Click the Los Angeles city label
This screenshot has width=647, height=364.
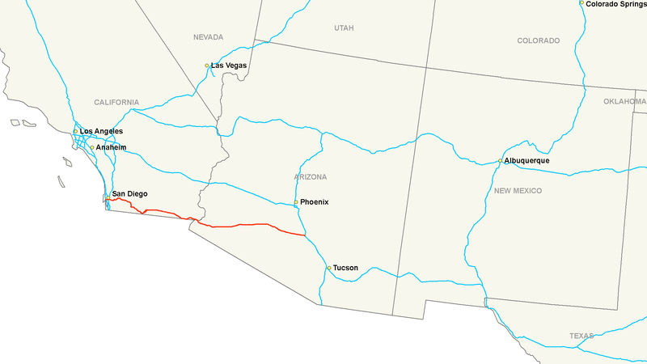point(101,131)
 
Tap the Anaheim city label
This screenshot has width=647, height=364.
point(111,148)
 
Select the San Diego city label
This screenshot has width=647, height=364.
point(129,194)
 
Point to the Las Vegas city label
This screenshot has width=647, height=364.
point(229,65)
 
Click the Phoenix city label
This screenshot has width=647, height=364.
point(314,202)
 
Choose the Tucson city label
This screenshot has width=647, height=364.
point(345,268)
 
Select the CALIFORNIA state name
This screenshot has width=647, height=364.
point(116,103)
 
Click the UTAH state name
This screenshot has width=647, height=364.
point(344,28)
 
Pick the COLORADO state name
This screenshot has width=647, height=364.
point(539,40)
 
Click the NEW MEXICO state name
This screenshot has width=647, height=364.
point(518,191)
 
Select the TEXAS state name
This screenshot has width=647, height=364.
point(581,336)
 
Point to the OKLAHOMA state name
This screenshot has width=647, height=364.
point(624,101)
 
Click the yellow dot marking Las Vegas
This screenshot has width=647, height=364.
point(207,66)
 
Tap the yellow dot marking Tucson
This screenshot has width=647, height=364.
point(328,268)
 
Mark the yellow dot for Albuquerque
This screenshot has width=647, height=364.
point(501,161)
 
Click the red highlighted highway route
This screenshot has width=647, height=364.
point(243,225)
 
